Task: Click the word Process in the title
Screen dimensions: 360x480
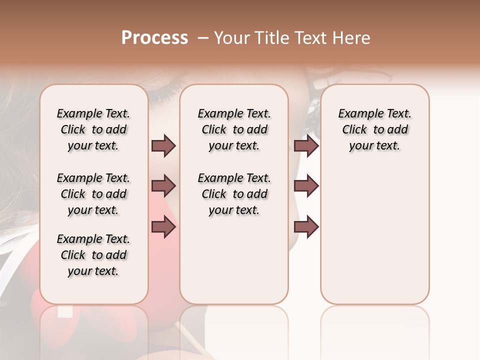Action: click(154, 38)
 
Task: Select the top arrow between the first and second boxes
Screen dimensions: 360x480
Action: click(163, 146)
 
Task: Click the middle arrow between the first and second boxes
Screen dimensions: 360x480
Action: click(163, 186)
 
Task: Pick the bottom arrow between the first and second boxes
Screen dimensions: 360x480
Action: click(163, 227)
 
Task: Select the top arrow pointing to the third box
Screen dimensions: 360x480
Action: click(306, 146)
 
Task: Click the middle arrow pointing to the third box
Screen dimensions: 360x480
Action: click(306, 186)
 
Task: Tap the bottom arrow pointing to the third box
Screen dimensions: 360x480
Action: click(306, 227)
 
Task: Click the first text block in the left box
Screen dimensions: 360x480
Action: click(93, 129)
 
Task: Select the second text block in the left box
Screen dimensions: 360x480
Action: click(93, 194)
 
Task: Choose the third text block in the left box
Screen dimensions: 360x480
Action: click(93, 255)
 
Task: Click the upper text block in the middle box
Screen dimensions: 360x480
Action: click(234, 129)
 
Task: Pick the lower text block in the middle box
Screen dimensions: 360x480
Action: click(234, 194)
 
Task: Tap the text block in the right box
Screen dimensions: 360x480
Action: click(374, 129)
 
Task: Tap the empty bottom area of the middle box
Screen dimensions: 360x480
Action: click(234, 265)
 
